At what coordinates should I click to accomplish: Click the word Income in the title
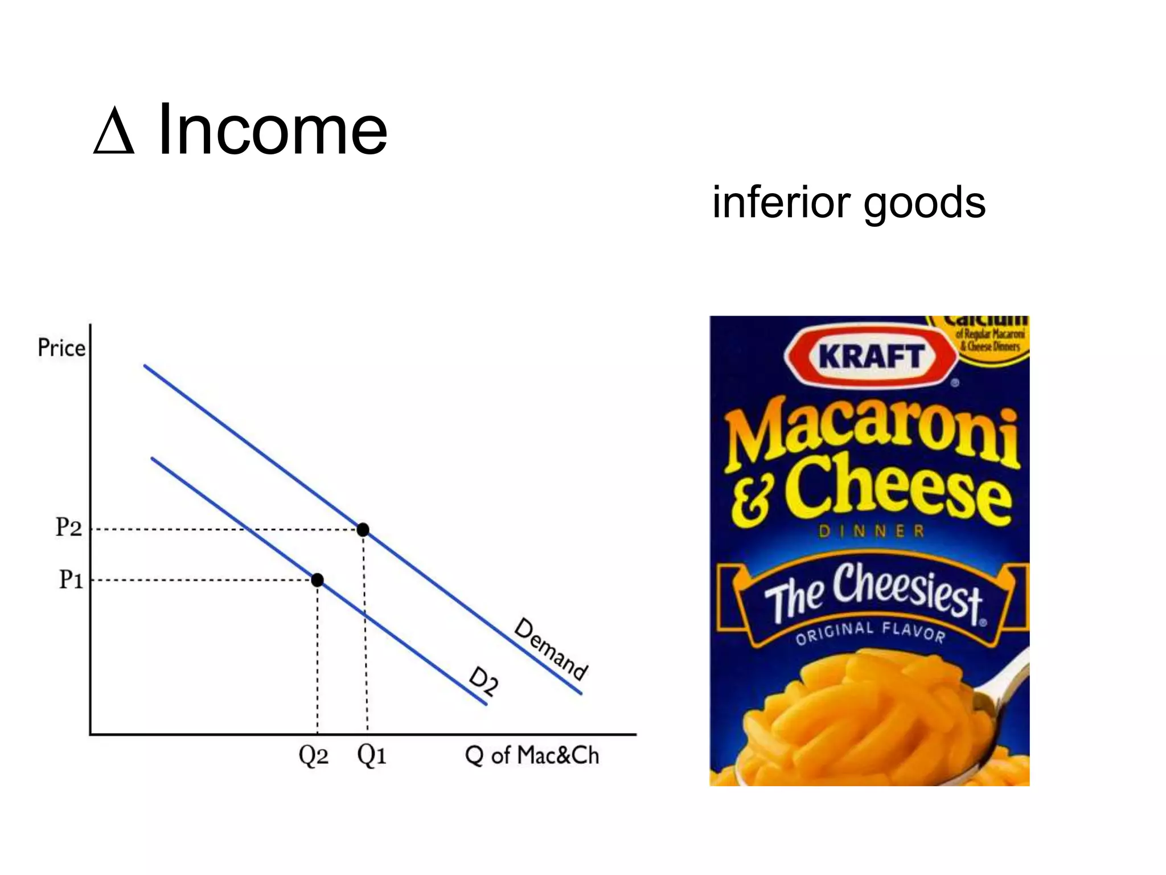pos(272,130)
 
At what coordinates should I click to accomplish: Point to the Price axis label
pos(61,347)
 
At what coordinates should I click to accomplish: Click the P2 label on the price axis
pos(68,528)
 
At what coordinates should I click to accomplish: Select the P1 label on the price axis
pos(71,580)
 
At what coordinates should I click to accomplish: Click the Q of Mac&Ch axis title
pos(532,755)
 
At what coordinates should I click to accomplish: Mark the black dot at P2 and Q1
pos(363,530)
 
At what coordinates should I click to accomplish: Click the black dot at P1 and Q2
pos(317,580)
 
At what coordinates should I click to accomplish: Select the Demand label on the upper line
pos(550,649)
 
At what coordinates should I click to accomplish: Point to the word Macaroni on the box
pos(871,433)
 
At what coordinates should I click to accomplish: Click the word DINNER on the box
pos(872,531)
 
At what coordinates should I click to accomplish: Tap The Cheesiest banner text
pos(873,592)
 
